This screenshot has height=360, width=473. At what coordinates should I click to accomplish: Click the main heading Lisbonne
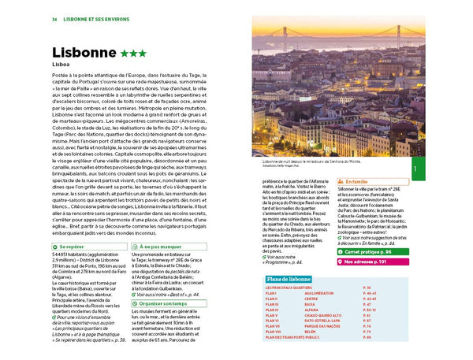pos(83,54)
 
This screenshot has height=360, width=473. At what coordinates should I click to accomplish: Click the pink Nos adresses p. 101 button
pos(370,261)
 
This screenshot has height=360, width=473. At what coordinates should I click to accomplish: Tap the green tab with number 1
pos(415,169)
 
